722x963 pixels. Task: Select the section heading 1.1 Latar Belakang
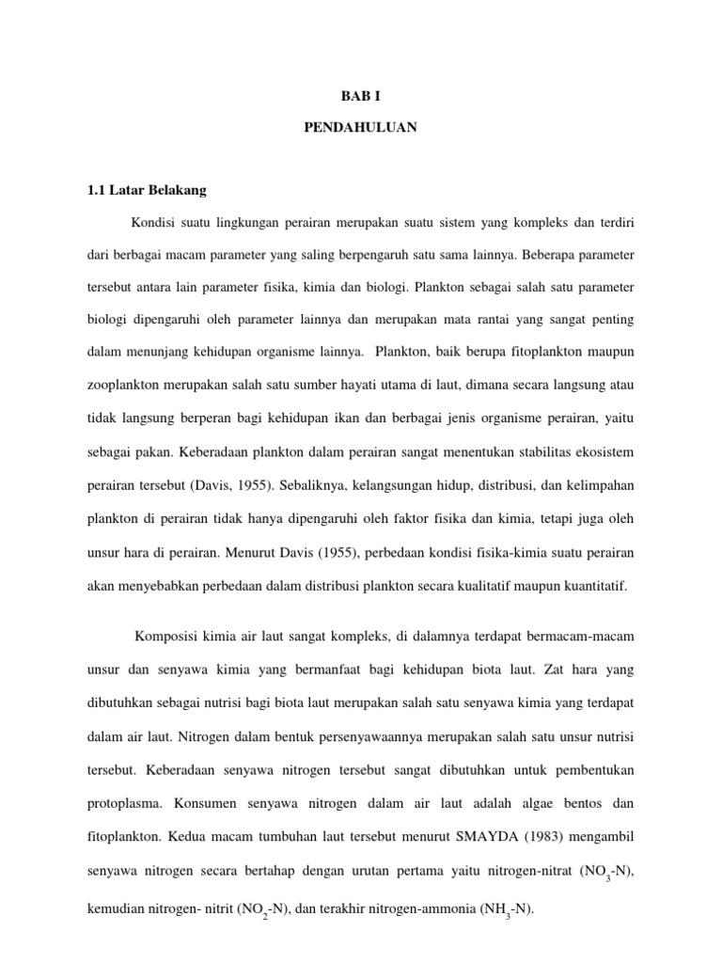point(145,190)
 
